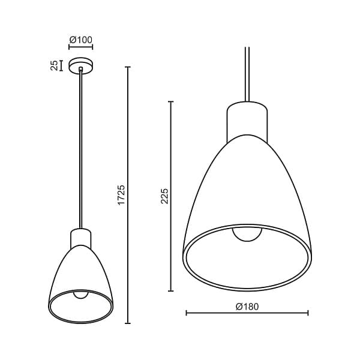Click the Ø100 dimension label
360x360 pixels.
[x=80, y=40]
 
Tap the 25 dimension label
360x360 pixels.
[x=54, y=65]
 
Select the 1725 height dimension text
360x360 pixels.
[x=121, y=194]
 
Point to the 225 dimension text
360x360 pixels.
[x=164, y=196]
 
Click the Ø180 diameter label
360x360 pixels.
[x=247, y=307]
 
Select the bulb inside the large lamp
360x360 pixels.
[x=247, y=235]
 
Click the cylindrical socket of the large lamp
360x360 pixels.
[x=247, y=122]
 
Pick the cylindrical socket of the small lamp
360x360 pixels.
[x=80, y=238]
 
